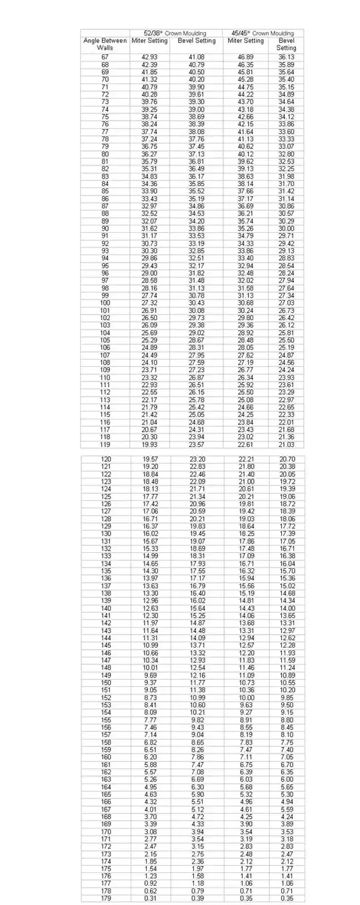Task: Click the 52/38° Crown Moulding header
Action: (175, 33)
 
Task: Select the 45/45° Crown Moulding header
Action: (263, 33)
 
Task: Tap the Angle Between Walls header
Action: (105, 45)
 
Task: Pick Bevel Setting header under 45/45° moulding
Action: (287, 45)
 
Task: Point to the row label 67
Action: (105, 57)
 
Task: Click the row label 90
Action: (105, 228)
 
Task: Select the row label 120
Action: (105, 460)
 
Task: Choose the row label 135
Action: (105, 571)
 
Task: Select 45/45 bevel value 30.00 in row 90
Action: (287, 228)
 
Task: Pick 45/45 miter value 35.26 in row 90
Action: (247, 228)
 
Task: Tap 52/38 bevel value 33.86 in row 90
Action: (197, 228)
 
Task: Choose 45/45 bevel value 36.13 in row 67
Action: (287, 57)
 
